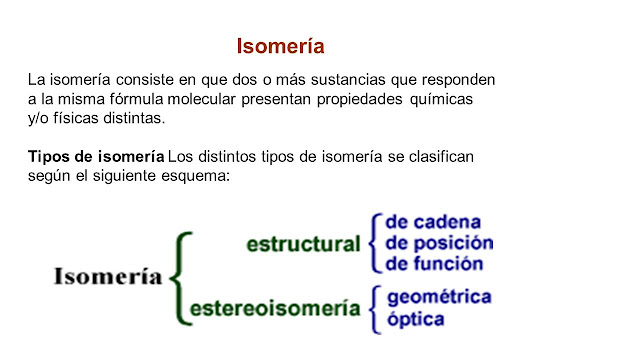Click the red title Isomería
pyautogui.click(x=280, y=46)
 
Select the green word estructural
pyautogui.click(x=303, y=244)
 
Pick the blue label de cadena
pyautogui.click(x=433, y=221)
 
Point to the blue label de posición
pyautogui.click(x=439, y=243)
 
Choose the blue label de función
pyautogui.click(x=434, y=265)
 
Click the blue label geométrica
pyautogui.click(x=438, y=298)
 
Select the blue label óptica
pyautogui.click(x=415, y=320)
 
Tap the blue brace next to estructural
pyautogui.click(x=375, y=243)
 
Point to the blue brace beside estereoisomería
pyautogui.click(x=375, y=308)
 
